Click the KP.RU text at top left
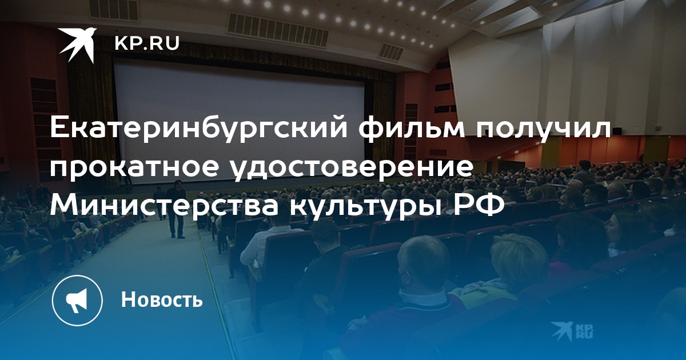(147, 43)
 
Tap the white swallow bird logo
(78, 45)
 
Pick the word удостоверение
(352, 169)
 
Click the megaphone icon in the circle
(77, 301)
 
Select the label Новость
(162, 299)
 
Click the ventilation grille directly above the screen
(277, 29)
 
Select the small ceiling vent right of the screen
(391, 52)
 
